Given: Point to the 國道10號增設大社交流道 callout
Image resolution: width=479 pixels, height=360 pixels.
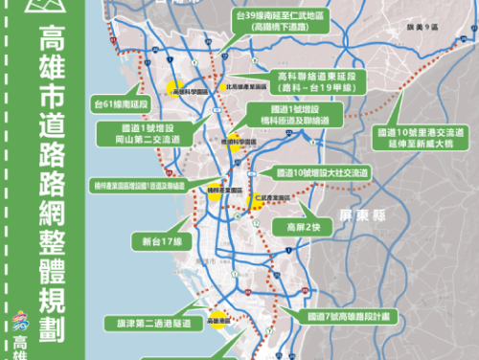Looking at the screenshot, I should pyautogui.click(x=322, y=173).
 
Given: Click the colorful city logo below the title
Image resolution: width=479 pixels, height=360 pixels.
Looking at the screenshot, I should pyautogui.click(x=24, y=322).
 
